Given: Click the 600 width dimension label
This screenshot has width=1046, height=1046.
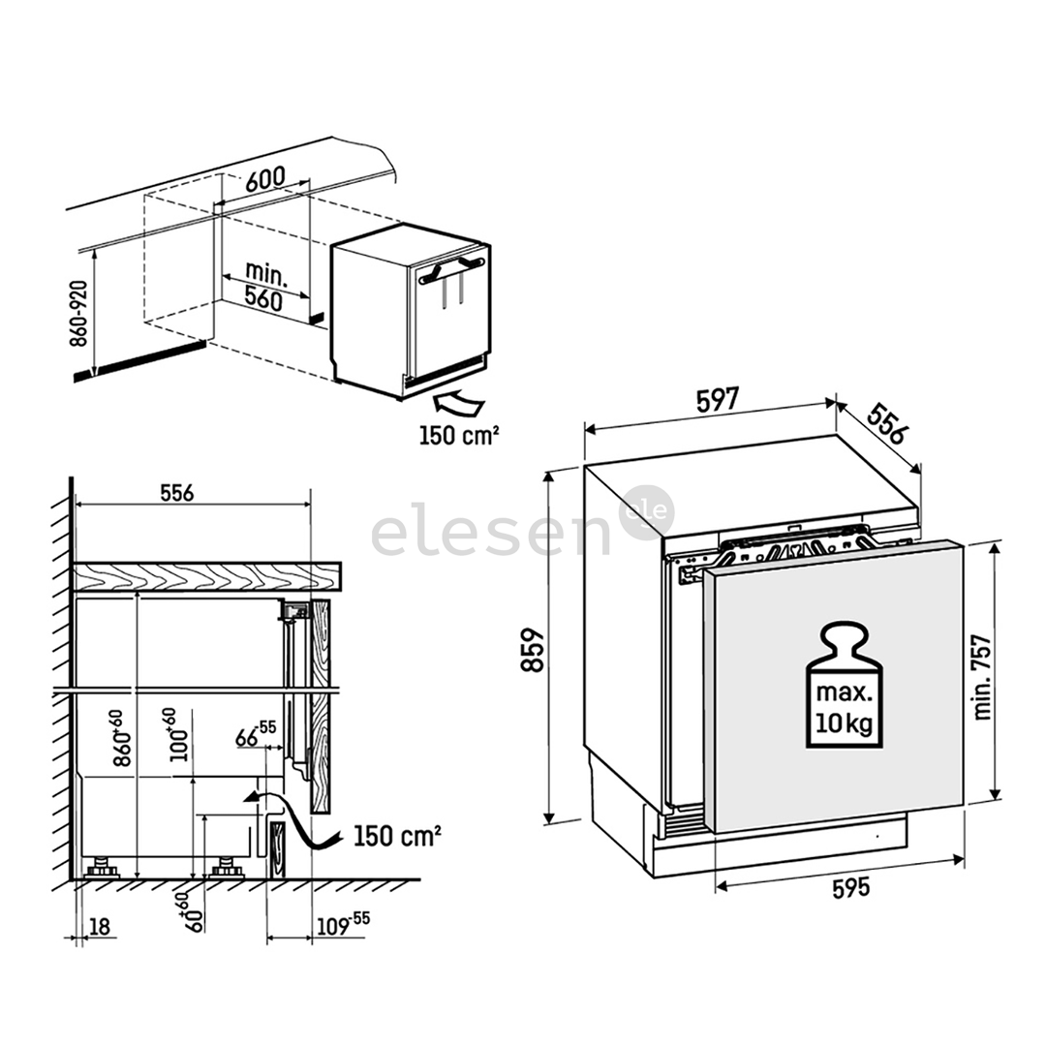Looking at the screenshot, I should tap(264, 179).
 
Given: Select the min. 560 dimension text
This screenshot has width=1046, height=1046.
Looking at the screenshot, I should tap(262, 286).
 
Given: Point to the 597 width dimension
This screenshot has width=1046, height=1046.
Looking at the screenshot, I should tap(718, 398).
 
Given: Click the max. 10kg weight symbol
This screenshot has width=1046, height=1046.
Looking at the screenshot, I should tap(841, 689).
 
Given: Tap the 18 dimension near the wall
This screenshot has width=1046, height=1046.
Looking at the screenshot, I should tap(99, 926).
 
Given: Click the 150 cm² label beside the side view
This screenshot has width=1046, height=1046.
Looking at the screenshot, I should tap(398, 834).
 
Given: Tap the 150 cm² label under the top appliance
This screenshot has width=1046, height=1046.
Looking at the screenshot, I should tap(459, 435).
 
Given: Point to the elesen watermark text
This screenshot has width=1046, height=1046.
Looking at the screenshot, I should tap(494, 533).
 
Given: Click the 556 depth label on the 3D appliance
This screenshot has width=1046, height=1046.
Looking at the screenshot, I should tap(884, 423).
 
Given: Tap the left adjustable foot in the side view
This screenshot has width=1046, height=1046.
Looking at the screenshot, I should tap(101, 865).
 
